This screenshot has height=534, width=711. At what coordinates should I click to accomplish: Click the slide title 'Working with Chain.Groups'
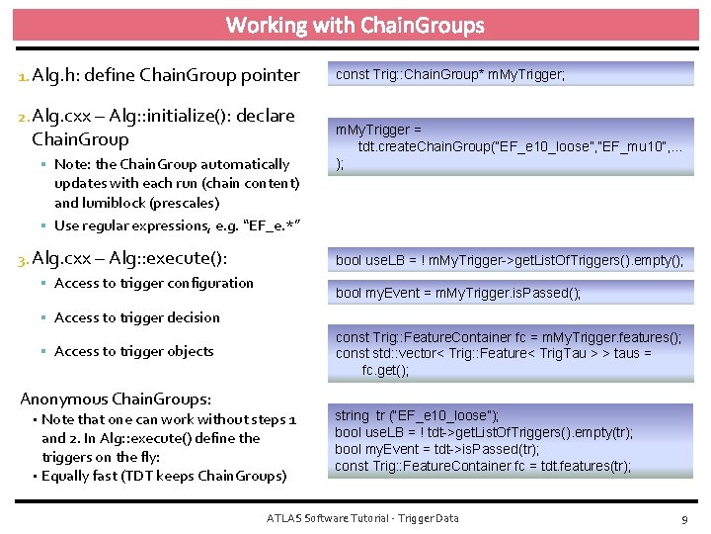click(355, 25)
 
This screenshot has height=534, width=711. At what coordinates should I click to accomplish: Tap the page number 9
click(683, 518)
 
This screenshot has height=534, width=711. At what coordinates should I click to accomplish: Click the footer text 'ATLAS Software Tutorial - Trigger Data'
click(363, 518)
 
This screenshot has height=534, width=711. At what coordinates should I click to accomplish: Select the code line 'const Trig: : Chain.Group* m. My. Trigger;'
click(450, 74)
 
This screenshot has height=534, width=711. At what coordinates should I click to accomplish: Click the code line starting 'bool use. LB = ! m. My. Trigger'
click(509, 260)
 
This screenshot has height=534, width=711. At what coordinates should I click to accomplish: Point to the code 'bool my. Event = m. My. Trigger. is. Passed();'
click(458, 293)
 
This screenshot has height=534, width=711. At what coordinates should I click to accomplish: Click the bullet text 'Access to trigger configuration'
click(154, 283)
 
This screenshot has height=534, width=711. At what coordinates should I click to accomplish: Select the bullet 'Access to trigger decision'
click(137, 317)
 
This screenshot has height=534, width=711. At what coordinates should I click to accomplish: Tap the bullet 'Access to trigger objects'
click(134, 351)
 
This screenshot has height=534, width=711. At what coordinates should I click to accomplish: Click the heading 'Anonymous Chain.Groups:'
click(116, 399)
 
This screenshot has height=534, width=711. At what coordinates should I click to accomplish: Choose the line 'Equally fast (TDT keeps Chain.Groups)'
click(164, 476)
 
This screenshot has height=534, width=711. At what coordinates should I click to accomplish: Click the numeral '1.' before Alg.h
click(25, 75)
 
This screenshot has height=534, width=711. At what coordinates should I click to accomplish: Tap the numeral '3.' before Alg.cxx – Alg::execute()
click(25, 259)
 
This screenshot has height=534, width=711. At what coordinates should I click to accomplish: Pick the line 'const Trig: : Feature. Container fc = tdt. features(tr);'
click(483, 466)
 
